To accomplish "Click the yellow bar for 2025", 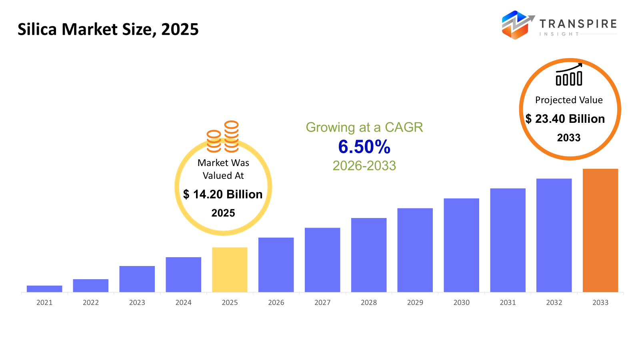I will [230, 270].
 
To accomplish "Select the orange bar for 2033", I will [600, 230].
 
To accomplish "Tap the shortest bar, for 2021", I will [44, 289].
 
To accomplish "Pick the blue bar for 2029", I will [415, 250].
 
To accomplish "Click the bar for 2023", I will [137, 279].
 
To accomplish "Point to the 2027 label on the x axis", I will [322, 302].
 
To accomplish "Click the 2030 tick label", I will [461, 302].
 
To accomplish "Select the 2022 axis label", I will [91, 302].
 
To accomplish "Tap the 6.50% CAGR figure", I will [364, 147].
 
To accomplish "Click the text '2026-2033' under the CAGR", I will [364, 166].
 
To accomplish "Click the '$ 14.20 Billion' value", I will [223, 194].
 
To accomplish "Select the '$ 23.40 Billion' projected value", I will [565, 119].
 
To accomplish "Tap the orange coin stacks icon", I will [223, 137].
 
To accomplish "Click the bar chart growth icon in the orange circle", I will [569, 75].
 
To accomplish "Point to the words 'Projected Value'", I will [569, 100].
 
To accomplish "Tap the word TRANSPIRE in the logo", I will [578, 24].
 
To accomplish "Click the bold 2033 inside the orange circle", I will [568, 138].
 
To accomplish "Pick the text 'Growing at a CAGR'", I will [364, 127].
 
